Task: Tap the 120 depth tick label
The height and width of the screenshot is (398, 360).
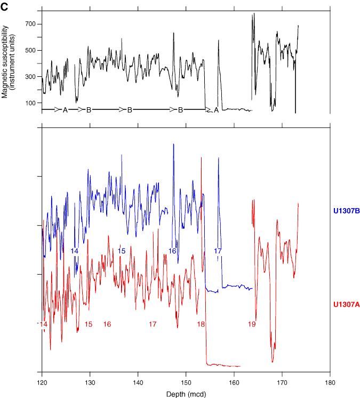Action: [x=42, y=383]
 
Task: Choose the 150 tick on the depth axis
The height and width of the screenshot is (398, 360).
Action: [x=186, y=383]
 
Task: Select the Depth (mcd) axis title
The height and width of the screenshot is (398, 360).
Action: [x=186, y=393]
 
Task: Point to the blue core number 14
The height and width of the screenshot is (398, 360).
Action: [x=75, y=251]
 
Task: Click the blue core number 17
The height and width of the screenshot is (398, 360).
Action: [x=218, y=251]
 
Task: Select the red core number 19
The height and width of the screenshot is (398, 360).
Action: [x=252, y=324]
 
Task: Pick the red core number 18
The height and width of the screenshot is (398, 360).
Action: [x=201, y=324]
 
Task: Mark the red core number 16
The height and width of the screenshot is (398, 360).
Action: [x=107, y=324]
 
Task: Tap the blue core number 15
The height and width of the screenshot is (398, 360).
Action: [x=122, y=251]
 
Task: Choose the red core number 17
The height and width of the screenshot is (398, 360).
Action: [x=153, y=324]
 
